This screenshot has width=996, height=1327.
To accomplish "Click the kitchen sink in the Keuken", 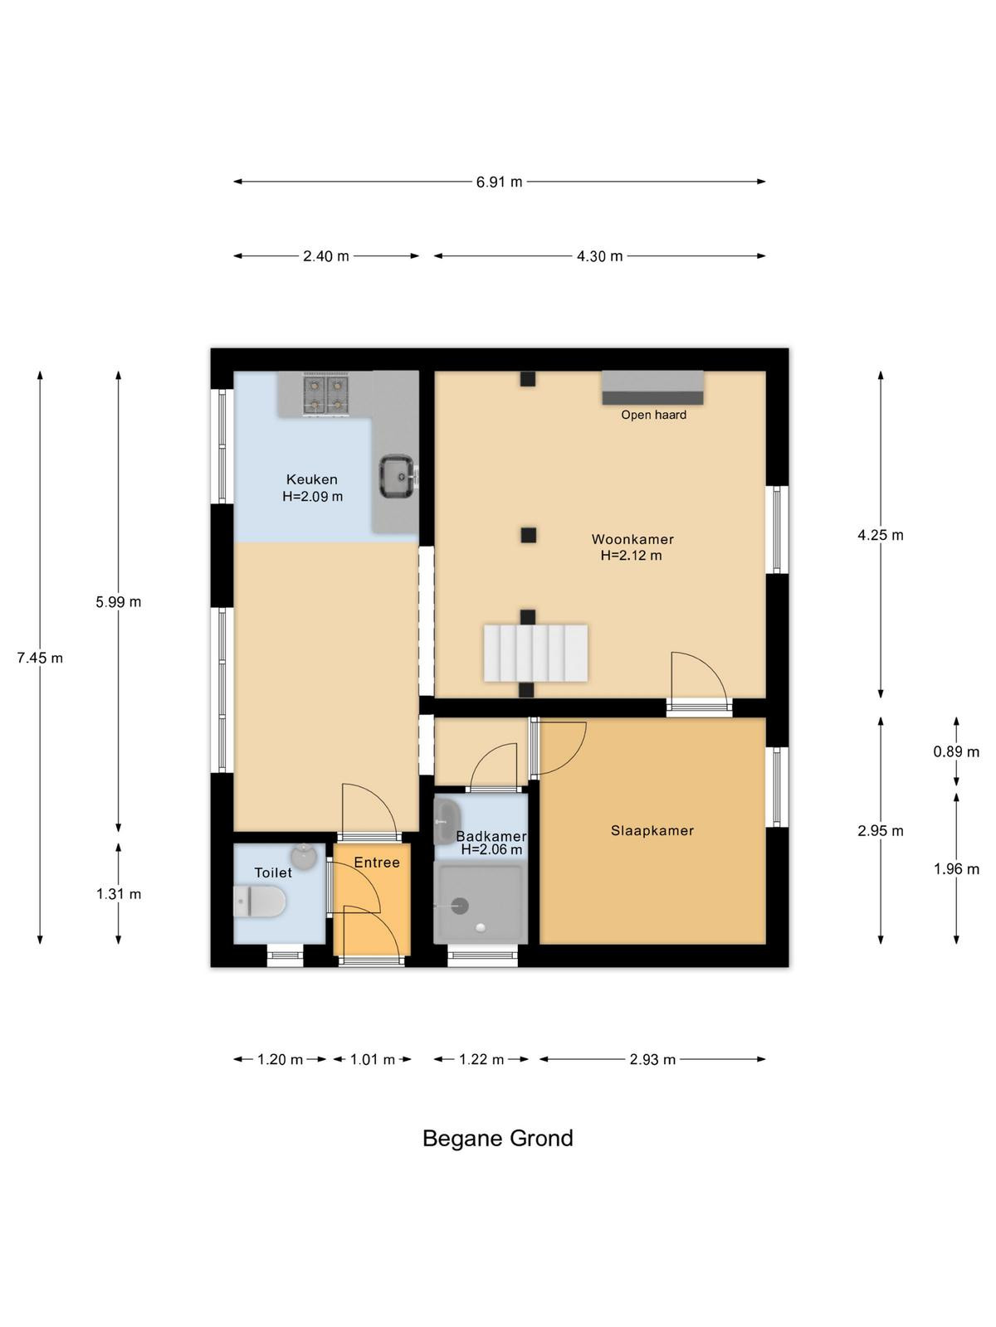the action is pos(397,476).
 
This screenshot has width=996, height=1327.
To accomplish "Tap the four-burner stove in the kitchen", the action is pos(326,394).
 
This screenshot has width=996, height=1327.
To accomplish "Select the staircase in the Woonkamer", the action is pos(535,653).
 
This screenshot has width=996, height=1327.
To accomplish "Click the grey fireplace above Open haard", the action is pos(652,387).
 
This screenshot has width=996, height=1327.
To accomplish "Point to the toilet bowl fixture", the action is pos(259,902).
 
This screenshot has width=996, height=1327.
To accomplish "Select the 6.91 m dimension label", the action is pos(499,182).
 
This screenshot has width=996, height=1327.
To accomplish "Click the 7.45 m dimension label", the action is pos(40,658).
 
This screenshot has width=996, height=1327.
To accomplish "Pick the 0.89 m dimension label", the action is pos(956,751).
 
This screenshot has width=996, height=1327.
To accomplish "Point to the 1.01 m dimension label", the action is pos(373,1059).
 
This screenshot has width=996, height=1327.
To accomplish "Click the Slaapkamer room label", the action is pos(652,831).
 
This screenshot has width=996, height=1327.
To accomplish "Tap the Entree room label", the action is pos(377,863).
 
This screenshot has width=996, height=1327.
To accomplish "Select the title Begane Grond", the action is pos(498,1139).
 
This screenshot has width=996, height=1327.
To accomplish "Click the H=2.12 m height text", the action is pos(631,555).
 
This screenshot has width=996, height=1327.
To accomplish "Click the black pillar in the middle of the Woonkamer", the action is pos(529,535).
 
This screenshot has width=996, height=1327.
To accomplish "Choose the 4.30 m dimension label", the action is pos(599,256).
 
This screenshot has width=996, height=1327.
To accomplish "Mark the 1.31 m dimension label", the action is pos(119,893).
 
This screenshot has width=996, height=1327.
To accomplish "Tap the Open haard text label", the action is pos(654,415).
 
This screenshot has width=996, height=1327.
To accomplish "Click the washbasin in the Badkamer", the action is pos(447,822).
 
